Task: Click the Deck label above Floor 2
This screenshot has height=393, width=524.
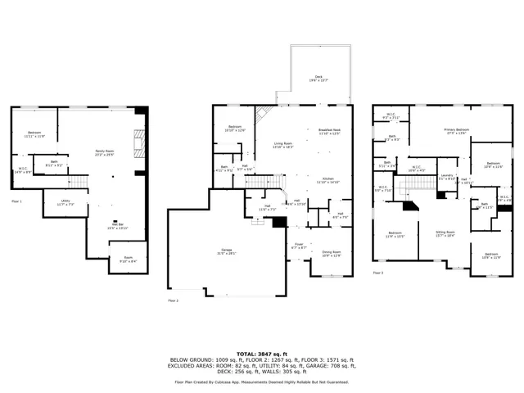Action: tap(318, 77)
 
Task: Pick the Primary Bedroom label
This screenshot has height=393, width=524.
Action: tap(456, 130)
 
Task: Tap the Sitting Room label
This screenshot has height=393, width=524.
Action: tap(445, 233)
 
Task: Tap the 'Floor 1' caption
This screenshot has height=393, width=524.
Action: tap(16, 201)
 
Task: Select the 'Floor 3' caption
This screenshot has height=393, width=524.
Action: tap(377, 273)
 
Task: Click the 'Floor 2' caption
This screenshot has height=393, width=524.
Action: tap(173, 301)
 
